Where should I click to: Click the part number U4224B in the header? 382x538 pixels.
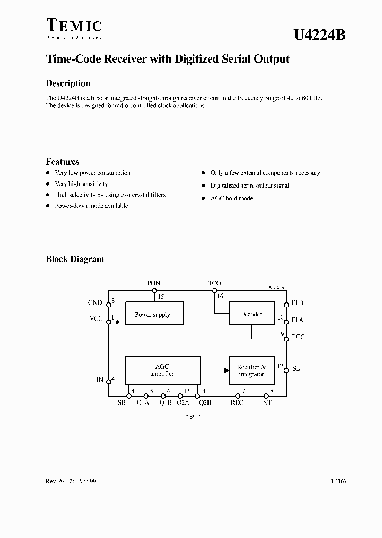pos(319,36)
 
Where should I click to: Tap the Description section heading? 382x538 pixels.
pos(68,83)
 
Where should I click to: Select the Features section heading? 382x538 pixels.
pos(63,162)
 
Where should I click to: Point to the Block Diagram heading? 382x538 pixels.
pos(75,259)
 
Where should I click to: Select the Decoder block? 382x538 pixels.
pos(251,314)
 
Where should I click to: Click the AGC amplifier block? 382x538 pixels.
pos(162,370)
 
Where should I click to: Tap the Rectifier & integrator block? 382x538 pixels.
pos(251,371)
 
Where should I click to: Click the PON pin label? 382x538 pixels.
pos(154,283)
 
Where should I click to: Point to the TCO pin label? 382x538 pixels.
pos(214,283)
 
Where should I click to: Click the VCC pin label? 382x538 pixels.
pos(95,320)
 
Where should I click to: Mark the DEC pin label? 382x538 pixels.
pos(298,337)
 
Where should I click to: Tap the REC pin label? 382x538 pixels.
pos(237,402)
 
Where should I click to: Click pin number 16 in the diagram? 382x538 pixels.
pos(220,296)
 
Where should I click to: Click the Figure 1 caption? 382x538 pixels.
pos(195,416)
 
